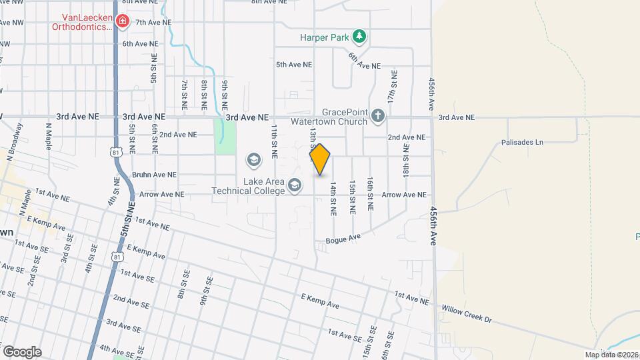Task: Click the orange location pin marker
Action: pyautogui.click(x=320, y=159)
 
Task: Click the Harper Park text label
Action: pyautogui.click(x=325, y=37)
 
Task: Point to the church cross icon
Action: pyautogui.click(x=378, y=117)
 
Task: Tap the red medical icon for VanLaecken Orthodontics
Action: pyautogui.click(x=122, y=22)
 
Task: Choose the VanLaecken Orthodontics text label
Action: pyautogui.click(x=83, y=22)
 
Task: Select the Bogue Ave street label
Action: pyautogui.click(x=343, y=238)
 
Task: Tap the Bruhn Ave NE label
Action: pyautogui.click(x=154, y=175)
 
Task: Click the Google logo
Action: pyautogui.click(x=22, y=351)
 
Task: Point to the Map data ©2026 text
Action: pyautogui.click(x=611, y=355)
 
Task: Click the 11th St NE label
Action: pyautogui.click(x=274, y=142)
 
